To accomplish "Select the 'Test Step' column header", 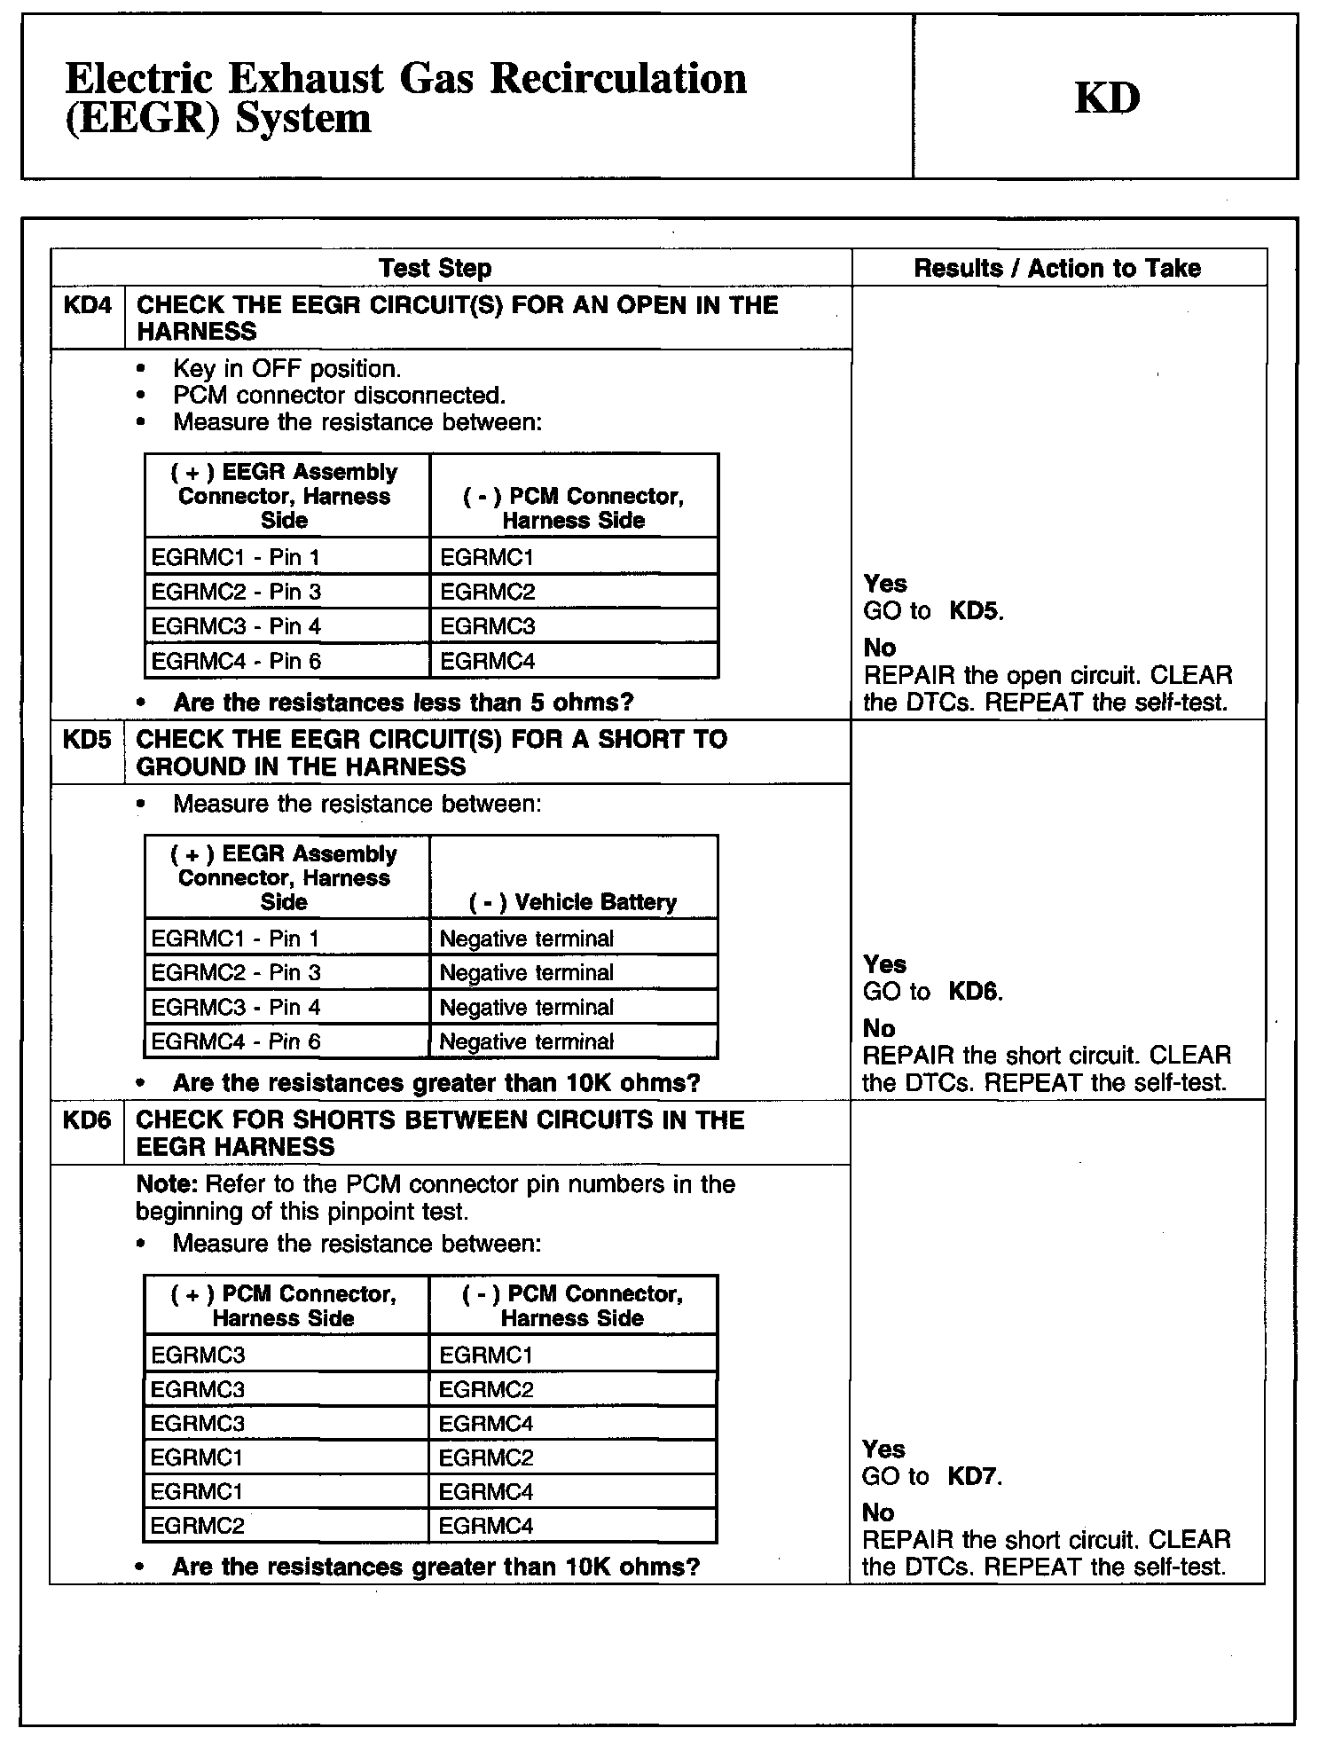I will coord(435,268).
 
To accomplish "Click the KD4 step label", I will coord(88,306).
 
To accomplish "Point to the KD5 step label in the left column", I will coord(87,740).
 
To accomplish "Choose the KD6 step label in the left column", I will coord(87,1120).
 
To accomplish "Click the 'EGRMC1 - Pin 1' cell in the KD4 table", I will coord(235,557).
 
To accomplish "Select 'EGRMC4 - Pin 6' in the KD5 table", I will coord(235,1041).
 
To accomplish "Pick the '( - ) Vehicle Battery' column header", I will coord(573,902).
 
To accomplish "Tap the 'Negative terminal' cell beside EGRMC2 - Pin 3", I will coord(527,973).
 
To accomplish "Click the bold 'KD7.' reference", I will coord(975,1477).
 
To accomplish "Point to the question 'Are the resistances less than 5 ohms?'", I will coord(404,703).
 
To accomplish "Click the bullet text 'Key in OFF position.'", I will coord(287,369).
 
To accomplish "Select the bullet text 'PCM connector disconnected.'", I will coord(340,396).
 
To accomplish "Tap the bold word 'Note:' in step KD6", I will coord(168,1185).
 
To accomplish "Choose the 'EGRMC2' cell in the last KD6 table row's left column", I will coord(197,1526).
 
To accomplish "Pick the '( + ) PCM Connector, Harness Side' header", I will coord(284,1306).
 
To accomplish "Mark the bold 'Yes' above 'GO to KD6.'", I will coord(884,964).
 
